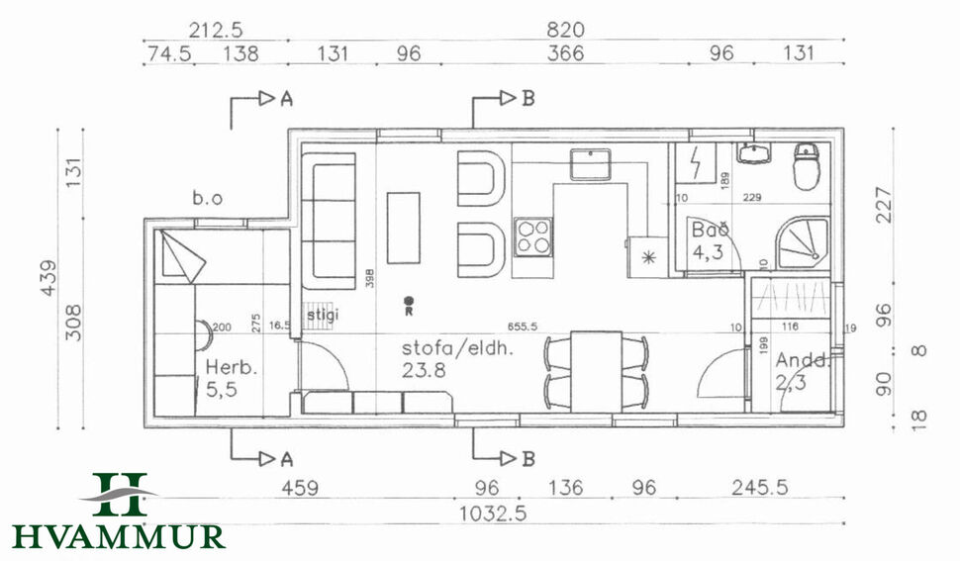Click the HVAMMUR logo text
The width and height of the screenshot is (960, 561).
point(118,536)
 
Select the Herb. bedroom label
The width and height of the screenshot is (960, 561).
point(232,368)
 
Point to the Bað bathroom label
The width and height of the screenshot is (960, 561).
point(710,231)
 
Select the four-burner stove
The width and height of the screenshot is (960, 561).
point(532,234)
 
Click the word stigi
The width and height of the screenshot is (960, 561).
point(322,316)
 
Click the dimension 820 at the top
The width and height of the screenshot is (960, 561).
point(565,30)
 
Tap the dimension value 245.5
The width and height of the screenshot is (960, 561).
point(761,488)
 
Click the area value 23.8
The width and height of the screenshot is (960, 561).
point(423,372)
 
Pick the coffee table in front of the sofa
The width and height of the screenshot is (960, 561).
point(403,227)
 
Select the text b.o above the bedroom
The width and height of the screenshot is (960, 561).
point(207,199)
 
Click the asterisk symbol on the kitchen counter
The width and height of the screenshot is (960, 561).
point(649,257)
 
